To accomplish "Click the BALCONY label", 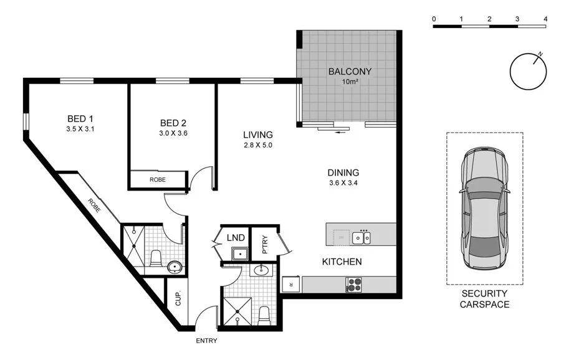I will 350,71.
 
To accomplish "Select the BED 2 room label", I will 173,122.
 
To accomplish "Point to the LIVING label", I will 258,135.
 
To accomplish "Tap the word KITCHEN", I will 342,262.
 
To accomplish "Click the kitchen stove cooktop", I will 354,284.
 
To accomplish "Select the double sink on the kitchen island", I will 362,237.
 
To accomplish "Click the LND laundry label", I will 236,237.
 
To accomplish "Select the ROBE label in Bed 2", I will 157,180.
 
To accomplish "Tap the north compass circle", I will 527,72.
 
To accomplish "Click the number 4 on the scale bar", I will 545,19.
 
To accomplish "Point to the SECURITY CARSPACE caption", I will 485,299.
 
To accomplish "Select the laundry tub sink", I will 237,253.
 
